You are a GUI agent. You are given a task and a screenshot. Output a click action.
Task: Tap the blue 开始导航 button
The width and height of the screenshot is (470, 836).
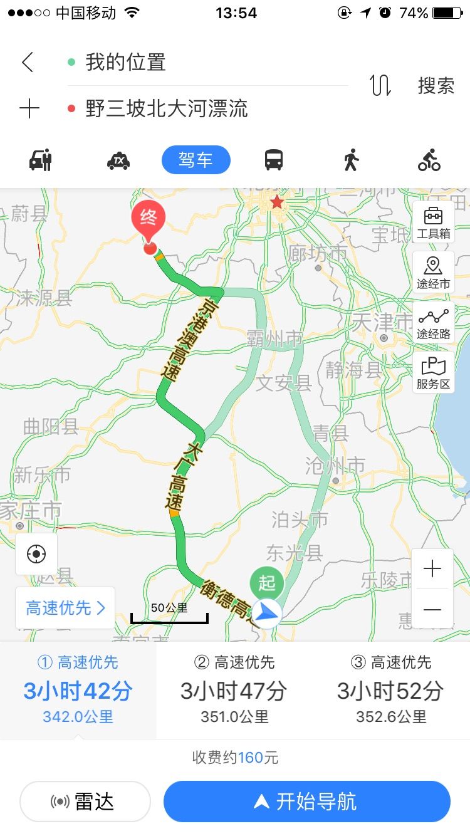click(307, 801)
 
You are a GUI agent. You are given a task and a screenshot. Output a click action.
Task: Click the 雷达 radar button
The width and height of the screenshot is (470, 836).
click(85, 801)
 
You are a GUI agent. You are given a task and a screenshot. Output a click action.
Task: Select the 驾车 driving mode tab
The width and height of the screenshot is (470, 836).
click(196, 160)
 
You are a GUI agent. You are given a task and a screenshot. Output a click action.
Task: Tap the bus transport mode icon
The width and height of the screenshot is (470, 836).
click(274, 160)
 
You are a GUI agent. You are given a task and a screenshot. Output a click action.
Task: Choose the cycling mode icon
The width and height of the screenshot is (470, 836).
click(429, 160)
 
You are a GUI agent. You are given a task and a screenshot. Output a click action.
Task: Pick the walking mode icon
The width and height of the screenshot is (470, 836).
click(352, 160)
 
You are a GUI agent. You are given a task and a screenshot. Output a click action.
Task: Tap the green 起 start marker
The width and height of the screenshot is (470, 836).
click(267, 583)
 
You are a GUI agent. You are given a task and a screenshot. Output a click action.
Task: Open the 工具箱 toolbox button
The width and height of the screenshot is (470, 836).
click(434, 222)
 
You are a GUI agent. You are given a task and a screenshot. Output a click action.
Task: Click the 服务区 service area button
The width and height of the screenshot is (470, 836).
click(434, 373)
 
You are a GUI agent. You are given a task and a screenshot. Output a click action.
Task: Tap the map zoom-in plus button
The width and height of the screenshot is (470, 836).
click(432, 569)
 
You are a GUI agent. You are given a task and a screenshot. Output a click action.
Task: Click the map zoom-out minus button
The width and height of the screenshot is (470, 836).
click(432, 609)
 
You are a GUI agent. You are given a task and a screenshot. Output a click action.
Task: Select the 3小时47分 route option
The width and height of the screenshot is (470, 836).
click(234, 689)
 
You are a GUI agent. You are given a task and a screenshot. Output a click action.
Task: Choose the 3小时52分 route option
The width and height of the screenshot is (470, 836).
click(391, 689)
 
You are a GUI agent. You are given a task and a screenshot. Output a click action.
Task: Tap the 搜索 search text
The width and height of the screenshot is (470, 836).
click(436, 86)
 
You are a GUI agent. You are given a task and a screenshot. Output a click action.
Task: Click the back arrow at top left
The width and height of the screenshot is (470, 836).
click(28, 62)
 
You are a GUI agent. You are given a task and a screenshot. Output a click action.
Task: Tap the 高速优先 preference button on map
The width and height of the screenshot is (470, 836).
click(65, 608)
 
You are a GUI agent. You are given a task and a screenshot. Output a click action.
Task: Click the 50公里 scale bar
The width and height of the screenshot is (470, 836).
click(169, 614)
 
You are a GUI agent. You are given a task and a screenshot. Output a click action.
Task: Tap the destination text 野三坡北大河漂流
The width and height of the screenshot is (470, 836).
click(167, 109)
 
